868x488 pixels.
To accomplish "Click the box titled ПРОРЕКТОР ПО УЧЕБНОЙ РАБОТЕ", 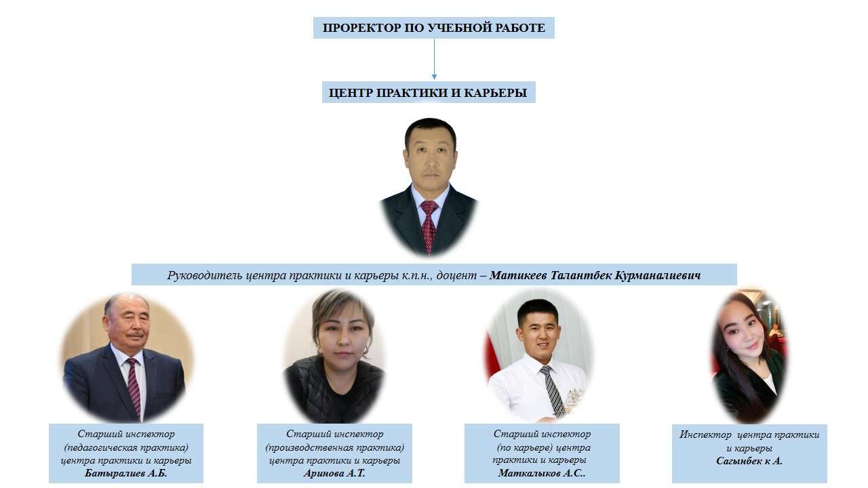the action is [433, 28].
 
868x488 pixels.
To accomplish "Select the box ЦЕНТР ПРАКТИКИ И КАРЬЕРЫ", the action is [429, 92].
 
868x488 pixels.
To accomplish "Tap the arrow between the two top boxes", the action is [434, 59].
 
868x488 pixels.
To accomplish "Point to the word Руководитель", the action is [205, 276].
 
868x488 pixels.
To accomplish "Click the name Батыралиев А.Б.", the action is [126, 473].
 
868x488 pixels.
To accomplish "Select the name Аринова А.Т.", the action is [334, 473].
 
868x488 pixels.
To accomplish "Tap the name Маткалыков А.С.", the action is [542, 473].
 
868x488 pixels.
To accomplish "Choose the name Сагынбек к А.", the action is [749, 461].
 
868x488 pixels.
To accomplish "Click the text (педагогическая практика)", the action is [126, 448].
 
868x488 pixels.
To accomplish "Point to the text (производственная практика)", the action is [334, 448].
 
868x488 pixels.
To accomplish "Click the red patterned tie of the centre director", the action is [429, 226].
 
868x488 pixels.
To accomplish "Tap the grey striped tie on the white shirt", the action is [553, 390].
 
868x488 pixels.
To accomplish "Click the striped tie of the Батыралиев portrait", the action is [134, 387].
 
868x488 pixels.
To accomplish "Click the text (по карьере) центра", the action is [544, 448].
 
